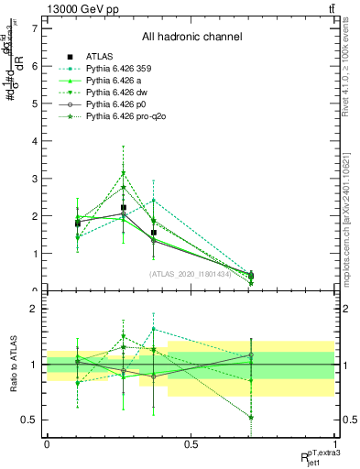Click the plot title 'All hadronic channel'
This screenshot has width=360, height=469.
point(191,38)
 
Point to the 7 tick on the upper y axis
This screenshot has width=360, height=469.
point(35,28)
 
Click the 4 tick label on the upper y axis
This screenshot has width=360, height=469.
point(35,141)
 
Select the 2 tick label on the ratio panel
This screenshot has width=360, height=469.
point(35,309)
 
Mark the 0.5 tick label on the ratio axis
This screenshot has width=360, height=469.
point(30,420)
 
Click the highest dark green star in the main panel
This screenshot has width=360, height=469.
point(124,172)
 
